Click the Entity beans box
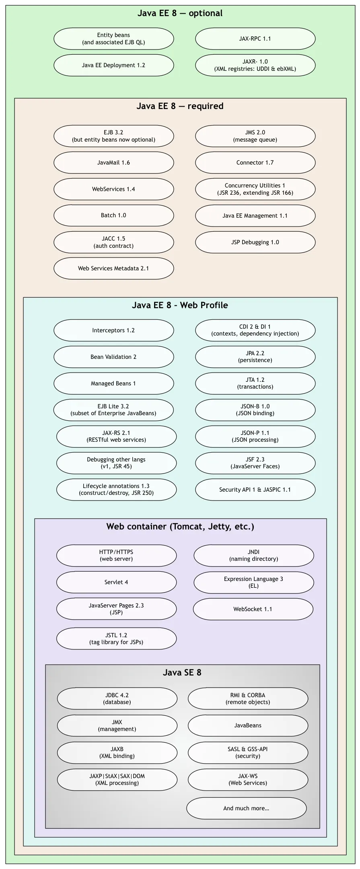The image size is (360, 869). (113, 39)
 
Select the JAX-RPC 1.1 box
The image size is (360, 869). (255, 39)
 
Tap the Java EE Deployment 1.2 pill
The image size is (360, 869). (113, 65)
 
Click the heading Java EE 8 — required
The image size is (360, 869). (180, 106)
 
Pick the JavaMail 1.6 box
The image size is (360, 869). (113, 163)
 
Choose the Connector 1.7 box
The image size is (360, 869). (255, 163)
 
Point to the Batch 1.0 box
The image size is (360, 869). (113, 215)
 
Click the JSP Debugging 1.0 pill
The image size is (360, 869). (255, 242)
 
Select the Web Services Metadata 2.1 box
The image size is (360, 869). (113, 268)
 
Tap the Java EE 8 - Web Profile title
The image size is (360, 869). (180, 305)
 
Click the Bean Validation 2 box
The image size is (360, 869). (113, 357)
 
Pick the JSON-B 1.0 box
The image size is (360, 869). (255, 410)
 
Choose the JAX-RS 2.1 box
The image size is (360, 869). (116, 437)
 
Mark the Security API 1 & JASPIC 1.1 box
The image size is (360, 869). (255, 490)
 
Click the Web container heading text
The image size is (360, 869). (180, 527)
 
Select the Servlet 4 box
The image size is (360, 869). (116, 582)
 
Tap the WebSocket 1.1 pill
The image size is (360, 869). (253, 609)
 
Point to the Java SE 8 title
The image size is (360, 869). (182, 673)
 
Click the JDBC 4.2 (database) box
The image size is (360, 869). (117, 698)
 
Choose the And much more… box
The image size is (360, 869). (246, 808)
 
